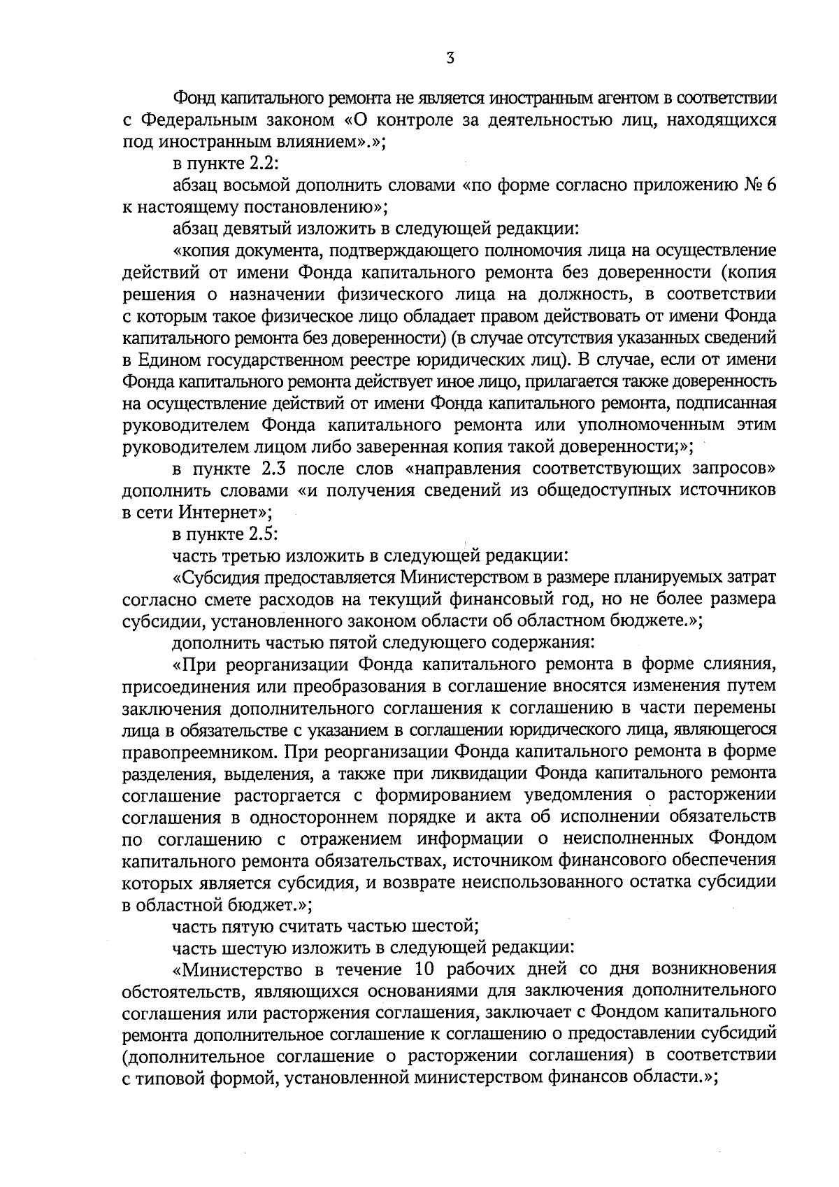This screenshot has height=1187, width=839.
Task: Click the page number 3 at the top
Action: (450, 59)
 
